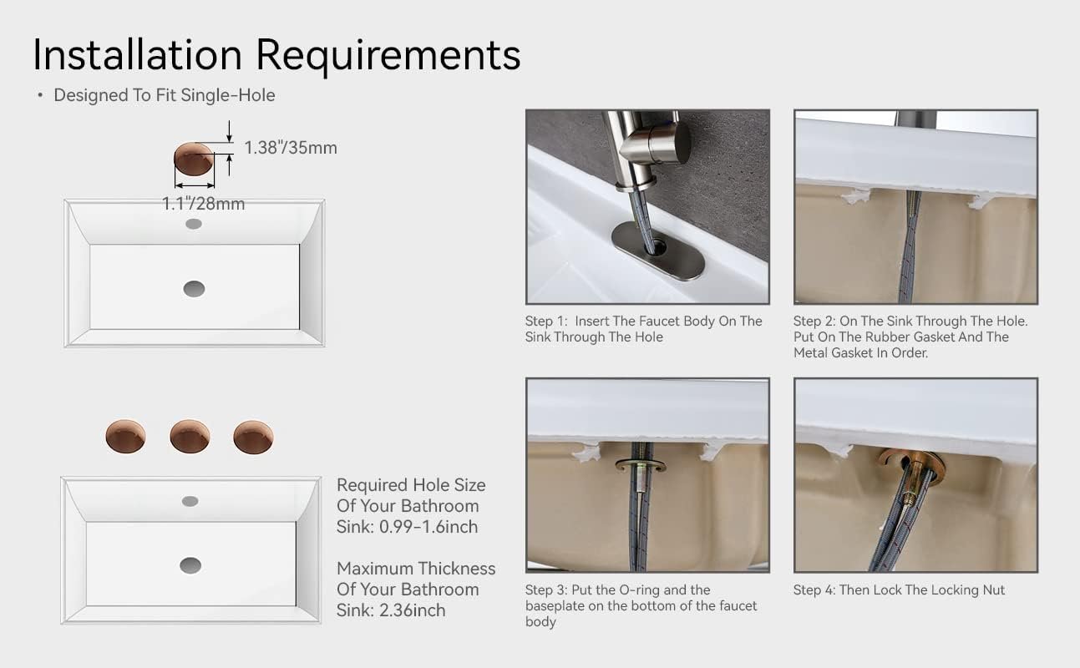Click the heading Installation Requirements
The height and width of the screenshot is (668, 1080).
(276, 55)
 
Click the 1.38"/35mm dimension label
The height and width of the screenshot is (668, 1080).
(291, 148)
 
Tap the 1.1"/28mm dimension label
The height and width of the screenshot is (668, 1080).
(204, 204)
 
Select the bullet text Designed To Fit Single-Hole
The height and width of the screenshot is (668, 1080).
(165, 95)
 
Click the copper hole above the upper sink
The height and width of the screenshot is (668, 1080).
(194, 159)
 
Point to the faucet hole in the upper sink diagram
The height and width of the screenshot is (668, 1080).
(194, 224)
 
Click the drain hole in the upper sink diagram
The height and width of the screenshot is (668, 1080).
(195, 289)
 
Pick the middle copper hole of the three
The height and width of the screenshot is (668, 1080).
(190, 437)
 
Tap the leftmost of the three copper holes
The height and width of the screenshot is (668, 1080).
(125, 437)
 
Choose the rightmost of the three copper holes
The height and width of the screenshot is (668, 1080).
(254, 438)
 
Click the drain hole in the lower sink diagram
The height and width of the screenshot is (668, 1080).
(190, 565)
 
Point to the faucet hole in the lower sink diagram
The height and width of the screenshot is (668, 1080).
(190, 501)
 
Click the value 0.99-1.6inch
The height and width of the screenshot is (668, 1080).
(428, 527)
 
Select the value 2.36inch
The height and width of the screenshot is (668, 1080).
(413, 610)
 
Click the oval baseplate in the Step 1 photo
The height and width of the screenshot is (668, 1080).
(658, 250)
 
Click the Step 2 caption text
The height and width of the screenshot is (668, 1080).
(910, 337)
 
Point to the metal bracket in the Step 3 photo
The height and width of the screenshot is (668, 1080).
(641, 465)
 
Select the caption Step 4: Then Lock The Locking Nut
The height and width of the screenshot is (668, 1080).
(900, 590)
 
